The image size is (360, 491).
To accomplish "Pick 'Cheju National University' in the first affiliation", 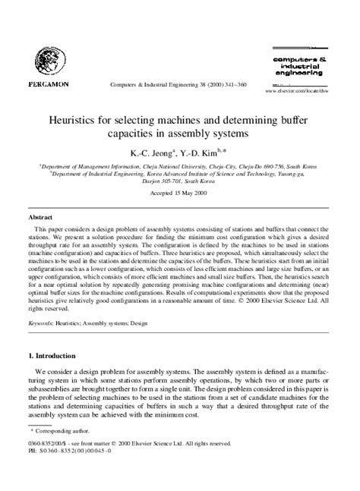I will (x=163, y=165).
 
